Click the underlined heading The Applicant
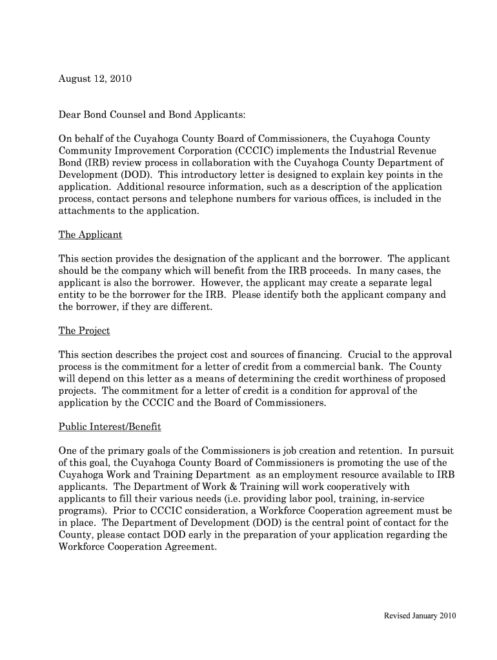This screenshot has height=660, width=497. click(90, 235)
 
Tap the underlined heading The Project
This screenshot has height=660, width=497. click(85, 331)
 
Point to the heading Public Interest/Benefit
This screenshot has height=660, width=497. click(110, 427)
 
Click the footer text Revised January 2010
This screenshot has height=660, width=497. click(420, 616)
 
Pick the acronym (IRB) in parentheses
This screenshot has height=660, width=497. click(92, 163)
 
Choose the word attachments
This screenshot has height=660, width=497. click(86, 211)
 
